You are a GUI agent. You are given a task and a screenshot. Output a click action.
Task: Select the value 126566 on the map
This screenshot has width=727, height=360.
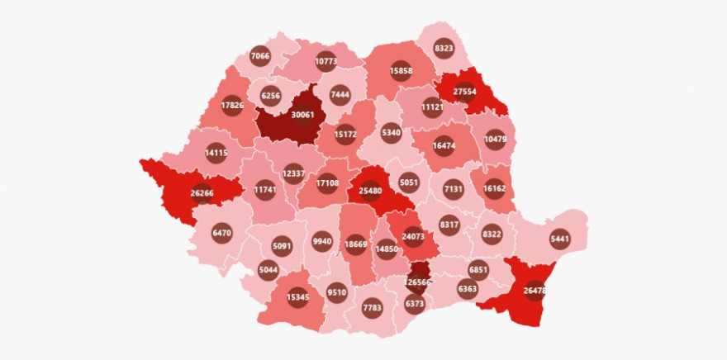point(418,281)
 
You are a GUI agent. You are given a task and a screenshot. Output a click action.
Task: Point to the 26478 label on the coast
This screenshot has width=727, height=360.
point(534,291)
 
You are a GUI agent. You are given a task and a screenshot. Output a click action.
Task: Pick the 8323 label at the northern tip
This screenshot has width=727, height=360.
point(444,48)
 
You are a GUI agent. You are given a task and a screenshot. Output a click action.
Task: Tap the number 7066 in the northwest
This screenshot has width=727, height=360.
point(259,56)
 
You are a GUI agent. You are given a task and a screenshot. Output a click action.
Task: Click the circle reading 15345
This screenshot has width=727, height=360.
point(298,296)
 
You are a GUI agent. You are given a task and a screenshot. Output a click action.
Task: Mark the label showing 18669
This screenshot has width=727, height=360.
point(356,244)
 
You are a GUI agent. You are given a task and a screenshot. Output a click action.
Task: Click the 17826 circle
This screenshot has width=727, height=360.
point(232,105)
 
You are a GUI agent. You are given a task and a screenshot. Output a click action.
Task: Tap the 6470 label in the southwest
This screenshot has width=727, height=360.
point(221,233)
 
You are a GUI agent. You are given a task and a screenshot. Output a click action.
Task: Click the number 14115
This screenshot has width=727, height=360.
point(216,153)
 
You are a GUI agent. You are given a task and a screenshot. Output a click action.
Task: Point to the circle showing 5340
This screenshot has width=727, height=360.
point(392,131)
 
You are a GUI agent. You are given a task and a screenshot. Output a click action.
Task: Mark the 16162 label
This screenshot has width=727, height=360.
point(495,188)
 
